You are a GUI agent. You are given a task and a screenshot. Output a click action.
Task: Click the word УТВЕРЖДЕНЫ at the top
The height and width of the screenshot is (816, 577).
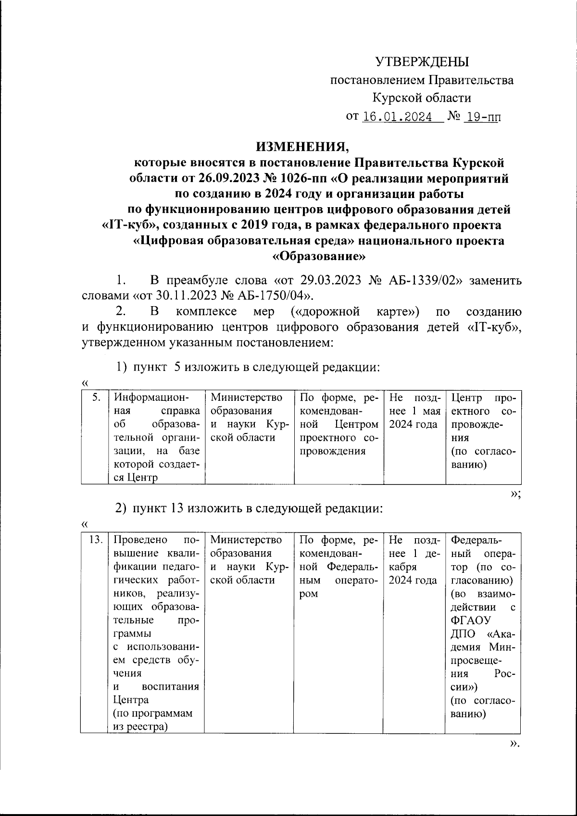pos(422,62)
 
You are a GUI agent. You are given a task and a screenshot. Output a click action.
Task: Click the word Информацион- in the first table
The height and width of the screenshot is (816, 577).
pos(151,397)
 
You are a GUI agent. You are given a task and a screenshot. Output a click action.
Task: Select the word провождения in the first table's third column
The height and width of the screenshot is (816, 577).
pos(332,451)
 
